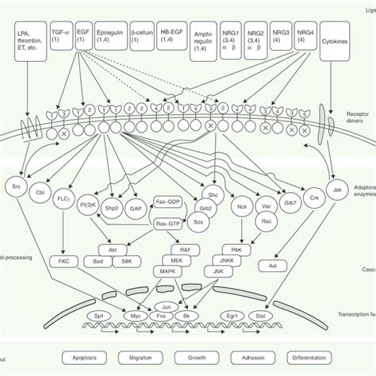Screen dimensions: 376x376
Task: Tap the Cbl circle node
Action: click(x=40, y=190)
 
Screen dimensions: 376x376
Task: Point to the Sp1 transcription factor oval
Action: click(x=76, y=303)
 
